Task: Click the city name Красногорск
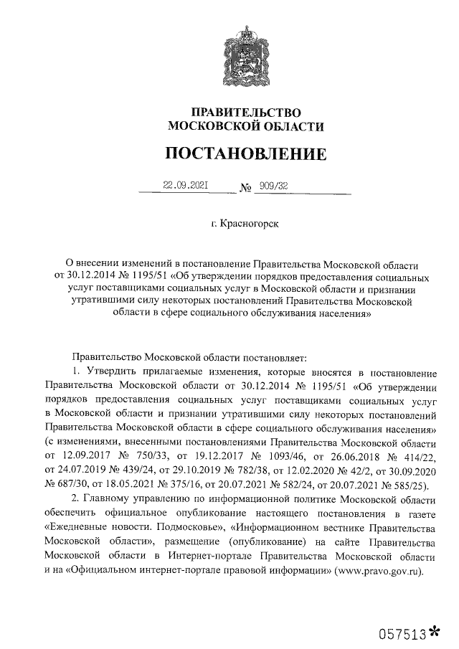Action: (x=250, y=225)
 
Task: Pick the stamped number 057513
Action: (x=404, y=633)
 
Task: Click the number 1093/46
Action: (x=290, y=456)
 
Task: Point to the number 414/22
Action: (x=417, y=456)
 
